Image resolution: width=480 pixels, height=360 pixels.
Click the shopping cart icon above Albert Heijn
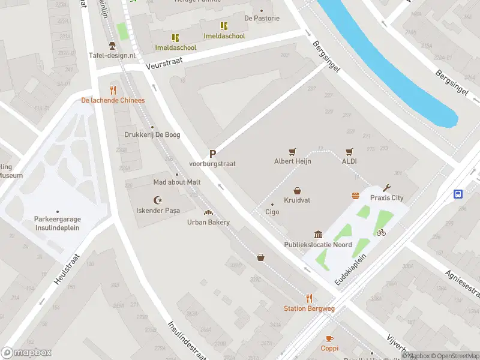292,151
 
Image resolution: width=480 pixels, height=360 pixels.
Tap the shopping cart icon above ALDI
349,151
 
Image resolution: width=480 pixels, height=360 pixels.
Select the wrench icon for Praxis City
386,188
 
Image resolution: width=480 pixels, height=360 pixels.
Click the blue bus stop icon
458,193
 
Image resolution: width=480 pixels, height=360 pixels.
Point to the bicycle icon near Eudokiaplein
381,232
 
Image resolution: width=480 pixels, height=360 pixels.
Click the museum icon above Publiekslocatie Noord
317,235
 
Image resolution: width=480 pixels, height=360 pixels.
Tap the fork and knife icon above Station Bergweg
309,298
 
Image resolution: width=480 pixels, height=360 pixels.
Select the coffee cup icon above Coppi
329,338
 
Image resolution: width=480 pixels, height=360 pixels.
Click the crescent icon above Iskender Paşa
158,200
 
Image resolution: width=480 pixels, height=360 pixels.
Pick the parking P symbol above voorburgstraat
212,154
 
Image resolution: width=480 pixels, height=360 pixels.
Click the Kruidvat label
297,200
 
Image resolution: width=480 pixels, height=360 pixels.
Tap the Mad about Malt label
176,182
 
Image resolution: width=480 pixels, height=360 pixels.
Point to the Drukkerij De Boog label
152,135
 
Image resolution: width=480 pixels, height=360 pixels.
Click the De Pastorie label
262,18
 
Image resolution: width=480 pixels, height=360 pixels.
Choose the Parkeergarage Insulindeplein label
57,223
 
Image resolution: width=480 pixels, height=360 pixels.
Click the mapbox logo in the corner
27,353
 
